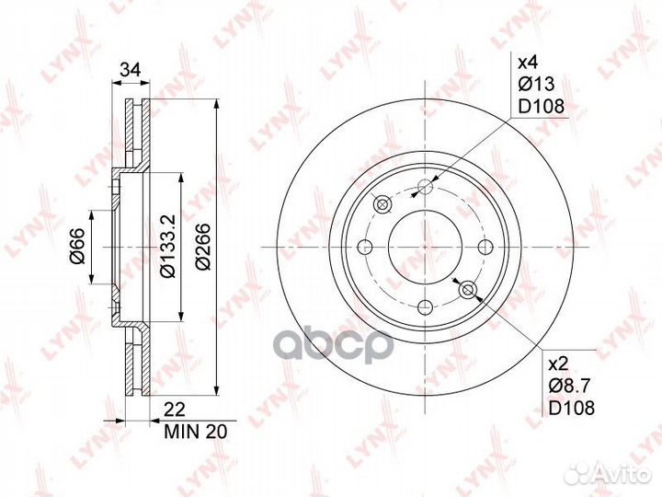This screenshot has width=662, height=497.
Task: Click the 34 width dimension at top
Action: pyautogui.click(x=130, y=69)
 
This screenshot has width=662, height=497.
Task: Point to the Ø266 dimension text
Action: pyautogui.click(x=203, y=247)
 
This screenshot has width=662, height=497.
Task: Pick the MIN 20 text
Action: pyautogui.click(x=196, y=431)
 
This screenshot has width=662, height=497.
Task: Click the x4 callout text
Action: pyautogui.click(x=528, y=64)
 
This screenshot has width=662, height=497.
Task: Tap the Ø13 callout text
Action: pyautogui.click(x=536, y=85)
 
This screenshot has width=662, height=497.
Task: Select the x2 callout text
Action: pyautogui.click(x=558, y=364)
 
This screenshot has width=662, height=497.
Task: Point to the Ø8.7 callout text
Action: pyautogui.click(x=569, y=386)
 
